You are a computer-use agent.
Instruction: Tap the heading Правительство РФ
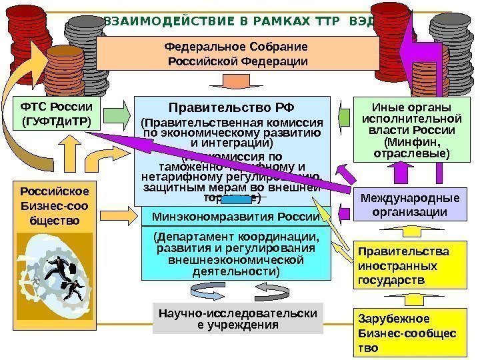pos(232,107)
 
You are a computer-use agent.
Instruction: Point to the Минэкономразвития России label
pos(235,217)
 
